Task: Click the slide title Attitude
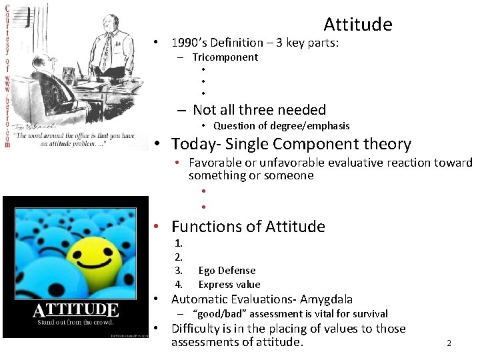click(x=357, y=25)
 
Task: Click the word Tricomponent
click(x=225, y=57)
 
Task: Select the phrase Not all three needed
click(x=259, y=110)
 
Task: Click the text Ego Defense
click(x=227, y=271)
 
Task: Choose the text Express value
click(x=229, y=285)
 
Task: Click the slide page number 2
click(x=449, y=343)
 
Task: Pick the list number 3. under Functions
click(x=178, y=271)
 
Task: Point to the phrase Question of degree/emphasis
click(x=281, y=126)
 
